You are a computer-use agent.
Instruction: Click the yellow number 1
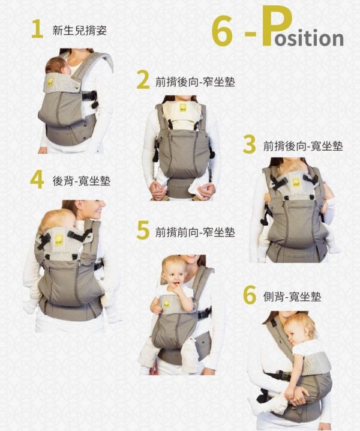pos(37,29)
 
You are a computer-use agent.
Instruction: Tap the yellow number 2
pos(143,80)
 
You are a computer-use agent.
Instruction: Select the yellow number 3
pos(250,145)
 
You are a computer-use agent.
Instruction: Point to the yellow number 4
pos(37,179)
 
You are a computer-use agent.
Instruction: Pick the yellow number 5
pos(143,231)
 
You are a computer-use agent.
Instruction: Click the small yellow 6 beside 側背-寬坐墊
pos(250,296)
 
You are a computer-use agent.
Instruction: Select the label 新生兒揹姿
pos(80,29)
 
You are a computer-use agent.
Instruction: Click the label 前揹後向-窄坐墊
pos(194,80)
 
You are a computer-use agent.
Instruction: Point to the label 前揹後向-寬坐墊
pos(303,145)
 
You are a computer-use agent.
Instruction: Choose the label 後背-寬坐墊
pos(81,180)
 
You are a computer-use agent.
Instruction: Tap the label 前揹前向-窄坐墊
pos(194,231)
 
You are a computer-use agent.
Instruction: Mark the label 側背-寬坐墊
pos(292,297)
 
